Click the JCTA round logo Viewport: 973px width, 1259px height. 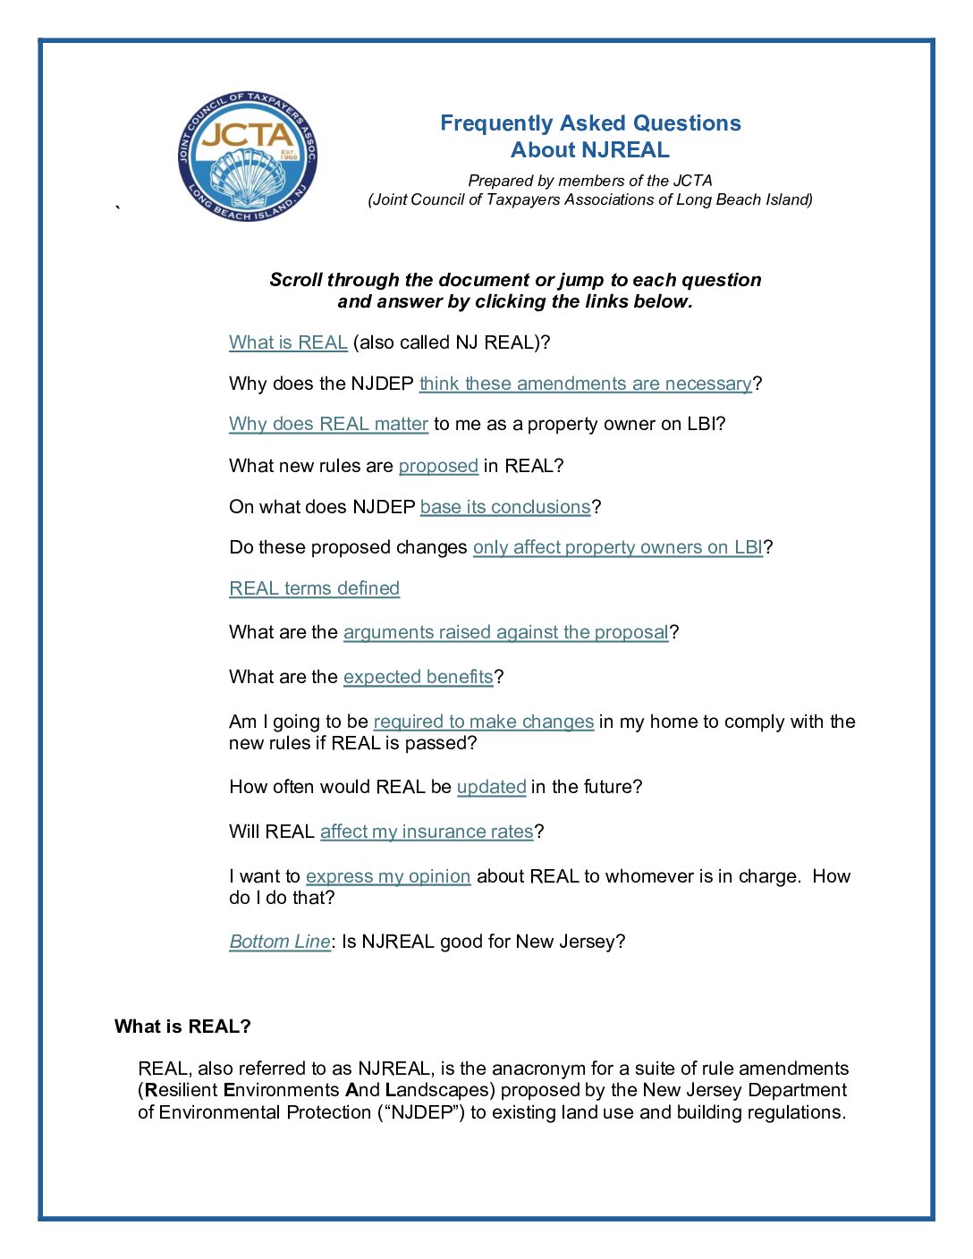(247, 156)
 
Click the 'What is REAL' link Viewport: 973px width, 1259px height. (288, 342)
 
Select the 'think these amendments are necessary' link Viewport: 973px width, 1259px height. (586, 384)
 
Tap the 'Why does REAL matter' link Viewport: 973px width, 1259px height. (328, 424)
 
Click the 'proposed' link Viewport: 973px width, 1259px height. (438, 466)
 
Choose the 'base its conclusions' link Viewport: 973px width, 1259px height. (505, 507)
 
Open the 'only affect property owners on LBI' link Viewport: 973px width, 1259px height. (618, 547)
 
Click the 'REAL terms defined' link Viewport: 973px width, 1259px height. (314, 588)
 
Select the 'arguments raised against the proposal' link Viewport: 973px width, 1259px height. (506, 632)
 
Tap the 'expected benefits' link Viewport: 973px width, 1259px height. (419, 677)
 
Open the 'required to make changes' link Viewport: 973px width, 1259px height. (483, 722)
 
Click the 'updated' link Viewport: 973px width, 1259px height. (491, 787)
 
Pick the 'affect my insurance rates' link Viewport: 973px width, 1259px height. (427, 832)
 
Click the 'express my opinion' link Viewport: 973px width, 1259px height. (388, 876)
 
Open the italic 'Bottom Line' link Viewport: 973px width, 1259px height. (280, 942)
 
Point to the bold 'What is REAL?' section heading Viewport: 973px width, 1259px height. (182, 1027)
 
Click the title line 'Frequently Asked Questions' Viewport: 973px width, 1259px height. (590, 123)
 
